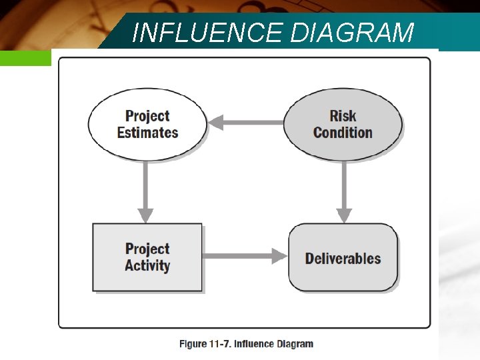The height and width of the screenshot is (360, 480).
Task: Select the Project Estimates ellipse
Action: (x=147, y=124)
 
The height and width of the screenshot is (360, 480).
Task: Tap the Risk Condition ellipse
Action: (x=343, y=124)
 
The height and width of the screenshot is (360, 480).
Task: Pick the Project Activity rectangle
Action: (x=147, y=257)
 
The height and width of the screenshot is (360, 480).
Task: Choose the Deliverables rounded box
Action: (x=343, y=257)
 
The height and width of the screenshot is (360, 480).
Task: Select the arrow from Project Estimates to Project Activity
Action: (x=145, y=190)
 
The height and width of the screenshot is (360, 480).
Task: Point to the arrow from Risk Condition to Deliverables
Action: (x=344, y=190)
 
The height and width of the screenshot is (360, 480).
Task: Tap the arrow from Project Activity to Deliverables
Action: (x=243, y=255)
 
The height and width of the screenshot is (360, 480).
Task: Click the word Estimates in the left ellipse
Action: (x=147, y=133)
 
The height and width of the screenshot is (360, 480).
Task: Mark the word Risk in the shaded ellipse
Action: (x=343, y=116)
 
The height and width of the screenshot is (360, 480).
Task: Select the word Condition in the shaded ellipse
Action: (x=343, y=133)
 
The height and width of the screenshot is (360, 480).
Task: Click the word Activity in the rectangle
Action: (x=147, y=266)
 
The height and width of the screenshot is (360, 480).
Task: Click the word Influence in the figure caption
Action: (x=256, y=344)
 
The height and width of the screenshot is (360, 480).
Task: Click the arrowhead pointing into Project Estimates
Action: (x=216, y=122)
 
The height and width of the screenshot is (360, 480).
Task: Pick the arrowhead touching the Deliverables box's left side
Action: (x=279, y=255)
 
